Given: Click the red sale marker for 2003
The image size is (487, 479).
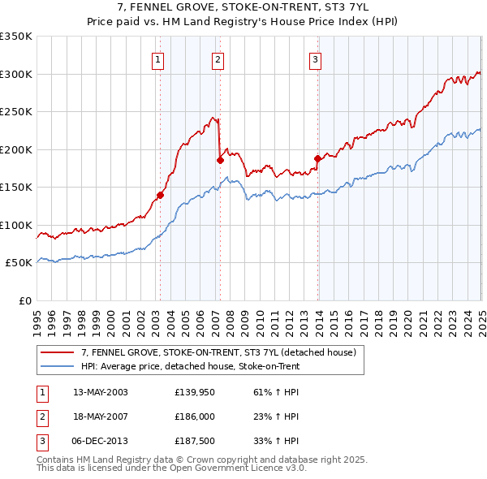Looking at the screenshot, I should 160,195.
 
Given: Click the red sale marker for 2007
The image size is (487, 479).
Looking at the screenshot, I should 220,160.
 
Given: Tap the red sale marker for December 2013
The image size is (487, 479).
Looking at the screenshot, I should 317,159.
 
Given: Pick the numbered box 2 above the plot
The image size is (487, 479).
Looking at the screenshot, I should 218,58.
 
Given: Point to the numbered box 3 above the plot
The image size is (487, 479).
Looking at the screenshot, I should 315,58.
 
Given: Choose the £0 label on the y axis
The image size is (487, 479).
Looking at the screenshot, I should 24,300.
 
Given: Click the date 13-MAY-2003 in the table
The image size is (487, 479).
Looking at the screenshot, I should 101,392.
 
